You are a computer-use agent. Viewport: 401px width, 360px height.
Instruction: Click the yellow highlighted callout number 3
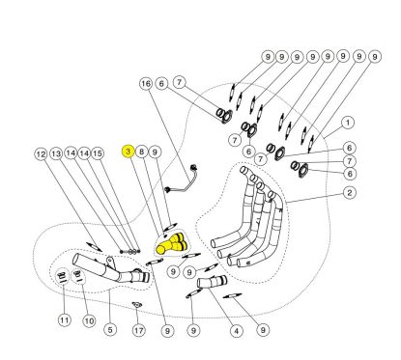[x=129, y=152]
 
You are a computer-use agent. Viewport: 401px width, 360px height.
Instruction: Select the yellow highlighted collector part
[x=171, y=244]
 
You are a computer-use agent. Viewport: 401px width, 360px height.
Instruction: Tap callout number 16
[x=146, y=84]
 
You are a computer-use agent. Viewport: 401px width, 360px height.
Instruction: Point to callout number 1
[x=348, y=123]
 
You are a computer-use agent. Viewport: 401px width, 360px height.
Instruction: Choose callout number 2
[x=350, y=193]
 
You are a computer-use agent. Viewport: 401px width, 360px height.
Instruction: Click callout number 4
[x=236, y=331]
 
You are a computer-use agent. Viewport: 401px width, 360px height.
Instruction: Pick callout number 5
[x=110, y=330]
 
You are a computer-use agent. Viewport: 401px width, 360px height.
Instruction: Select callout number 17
[x=139, y=330]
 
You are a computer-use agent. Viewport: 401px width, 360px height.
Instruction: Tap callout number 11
[x=65, y=319]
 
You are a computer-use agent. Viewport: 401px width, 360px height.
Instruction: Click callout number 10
[x=89, y=320]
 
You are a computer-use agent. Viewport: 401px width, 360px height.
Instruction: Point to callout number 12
[x=41, y=154]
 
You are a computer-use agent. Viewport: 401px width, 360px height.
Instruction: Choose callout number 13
[x=56, y=153]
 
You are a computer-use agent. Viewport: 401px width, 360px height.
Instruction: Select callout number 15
[x=98, y=153]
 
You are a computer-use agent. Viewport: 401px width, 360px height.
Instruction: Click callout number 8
[x=141, y=152]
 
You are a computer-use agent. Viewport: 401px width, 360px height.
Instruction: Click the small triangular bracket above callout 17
[x=137, y=304]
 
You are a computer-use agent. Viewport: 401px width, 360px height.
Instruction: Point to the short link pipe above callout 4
[x=212, y=281]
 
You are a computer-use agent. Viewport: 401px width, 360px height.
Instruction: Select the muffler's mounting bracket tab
[x=110, y=262]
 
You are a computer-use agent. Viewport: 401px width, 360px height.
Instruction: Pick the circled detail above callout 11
[x=62, y=276]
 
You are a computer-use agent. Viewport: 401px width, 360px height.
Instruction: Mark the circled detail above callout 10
[x=78, y=276]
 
